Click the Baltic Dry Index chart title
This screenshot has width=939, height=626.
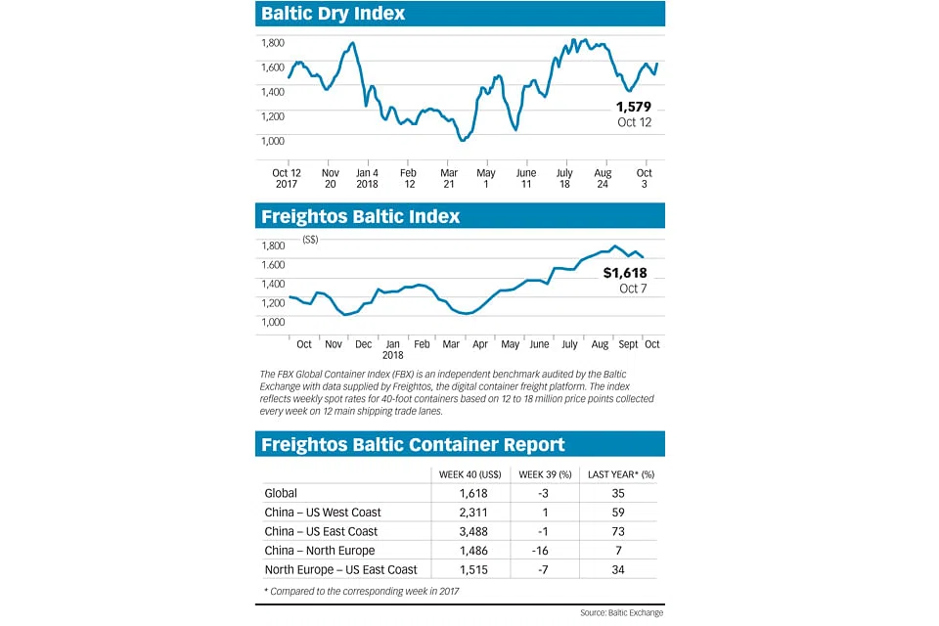pyautogui.click(x=333, y=14)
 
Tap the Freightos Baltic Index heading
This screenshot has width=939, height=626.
pyautogui.click(x=359, y=216)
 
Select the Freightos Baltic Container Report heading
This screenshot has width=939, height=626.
pyautogui.click(x=412, y=444)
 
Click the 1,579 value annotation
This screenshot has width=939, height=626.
pyautogui.click(x=633, y=107)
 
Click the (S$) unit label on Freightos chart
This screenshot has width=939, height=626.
pyautogui.click(x=312, y=240)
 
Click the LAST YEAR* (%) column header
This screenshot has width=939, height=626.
pyautogui.click(x=621, y=474)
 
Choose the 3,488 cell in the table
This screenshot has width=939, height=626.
pyautogui.click(x=468, y=531)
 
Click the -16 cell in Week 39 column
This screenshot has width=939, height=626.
pyautogui.click(x=545, y=550)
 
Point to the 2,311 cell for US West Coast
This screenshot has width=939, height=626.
pyautogui.click(x=468, y=512)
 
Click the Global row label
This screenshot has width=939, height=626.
pyautogui.click(x=282, y=493)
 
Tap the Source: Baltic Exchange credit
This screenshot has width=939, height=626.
pyautogui.click(x=622, y=612)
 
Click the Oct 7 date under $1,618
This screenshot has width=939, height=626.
pyautogui.click(x=633, y=289)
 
